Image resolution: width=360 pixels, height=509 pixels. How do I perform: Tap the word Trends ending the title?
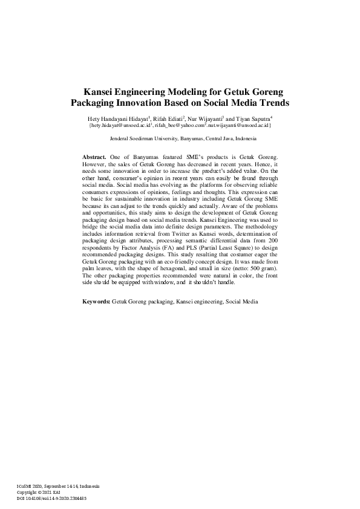[x=274, y=103]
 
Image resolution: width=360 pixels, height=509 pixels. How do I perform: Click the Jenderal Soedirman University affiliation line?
[x=180, y=138]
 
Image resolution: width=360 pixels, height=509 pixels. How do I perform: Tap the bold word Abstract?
[x=94, y=157]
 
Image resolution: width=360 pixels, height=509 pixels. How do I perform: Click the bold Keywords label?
[x=96, y=300]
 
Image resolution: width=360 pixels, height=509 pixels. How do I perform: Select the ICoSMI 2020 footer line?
[x=58, y=487]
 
